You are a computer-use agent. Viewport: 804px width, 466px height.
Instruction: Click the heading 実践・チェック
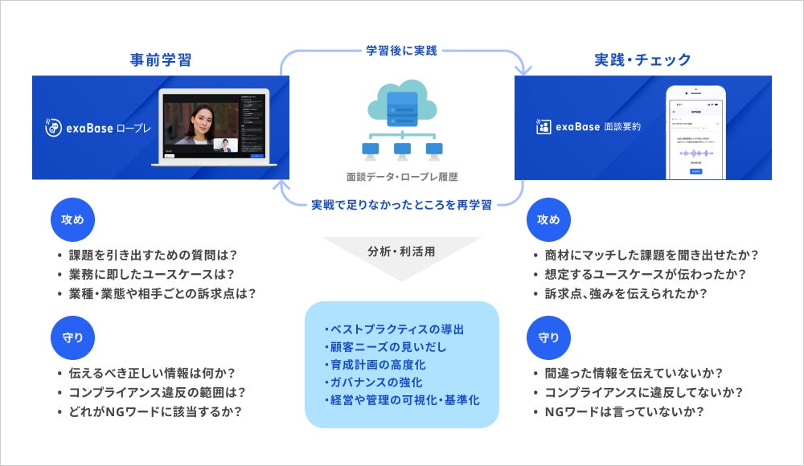[642, 59]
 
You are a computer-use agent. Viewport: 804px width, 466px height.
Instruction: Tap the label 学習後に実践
[402, 51]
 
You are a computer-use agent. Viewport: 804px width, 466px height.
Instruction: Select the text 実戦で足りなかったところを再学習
[402, 204]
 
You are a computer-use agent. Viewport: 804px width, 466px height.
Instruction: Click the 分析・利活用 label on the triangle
[401, 248]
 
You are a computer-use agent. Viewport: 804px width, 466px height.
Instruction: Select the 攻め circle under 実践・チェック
[548, 219]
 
